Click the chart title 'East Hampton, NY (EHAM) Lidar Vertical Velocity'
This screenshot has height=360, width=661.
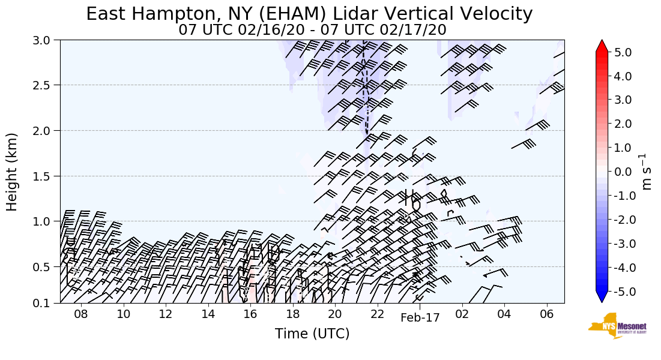point(309,14)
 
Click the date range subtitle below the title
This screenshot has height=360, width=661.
point(312,29)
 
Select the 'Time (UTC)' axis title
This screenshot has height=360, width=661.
point(312,334)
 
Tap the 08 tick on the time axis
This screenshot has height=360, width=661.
point(81,314)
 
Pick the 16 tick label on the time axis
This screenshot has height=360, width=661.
point(250,314)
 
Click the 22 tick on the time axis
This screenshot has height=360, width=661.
point(377,314)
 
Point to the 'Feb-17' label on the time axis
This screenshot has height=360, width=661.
point(420,318)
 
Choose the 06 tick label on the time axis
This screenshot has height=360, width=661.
point(546,314)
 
